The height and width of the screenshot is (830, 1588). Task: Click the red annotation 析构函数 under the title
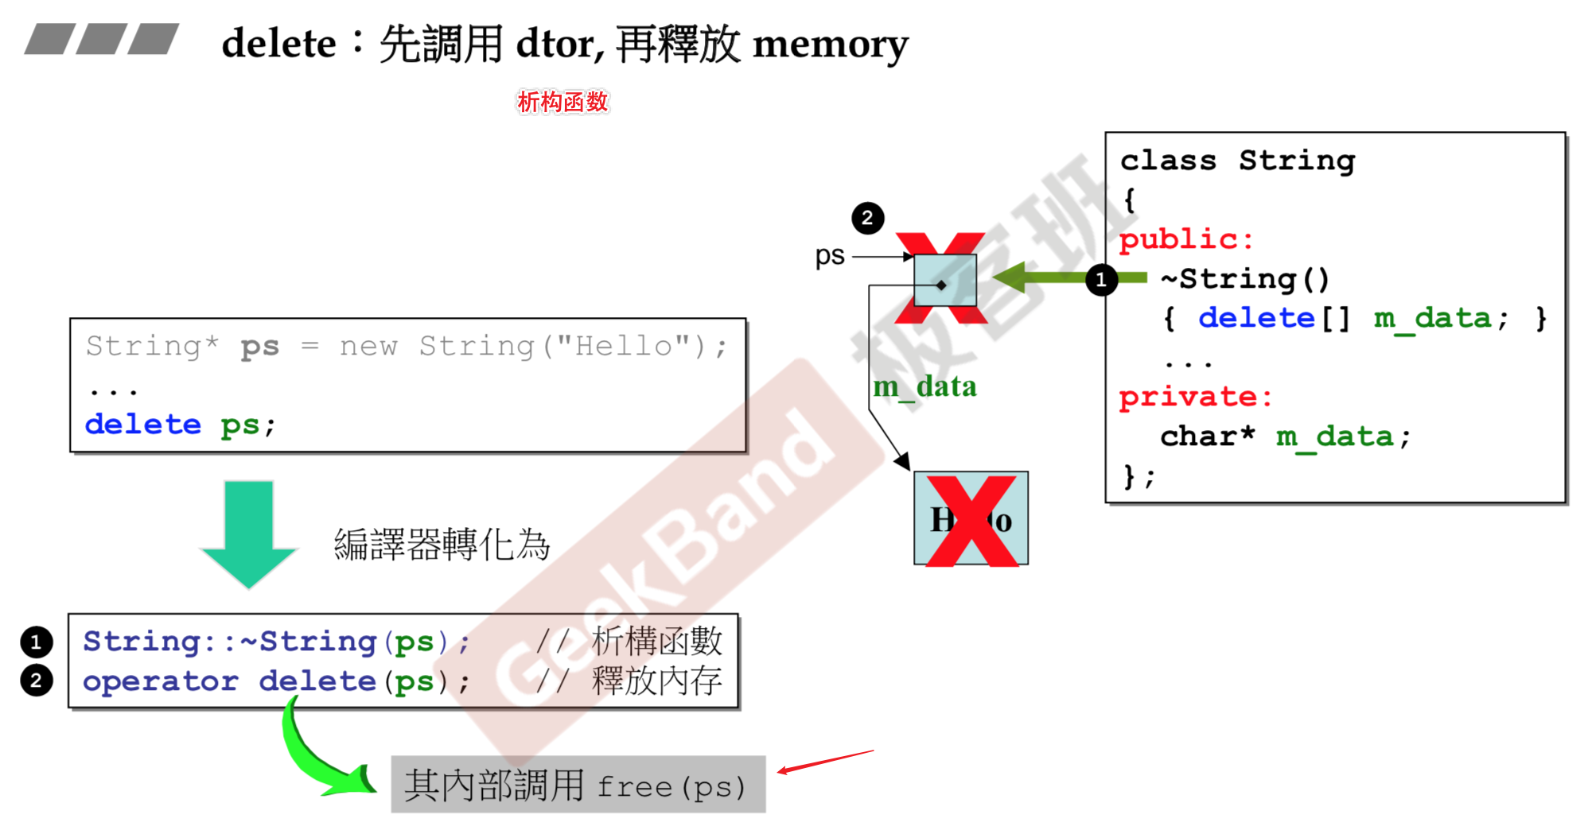pos(562,102)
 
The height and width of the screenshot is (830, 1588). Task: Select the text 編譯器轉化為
pos(442,545)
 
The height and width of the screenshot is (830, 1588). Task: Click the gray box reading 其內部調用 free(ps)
pos(578,785)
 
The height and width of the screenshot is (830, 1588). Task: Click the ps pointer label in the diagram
pos(829,256)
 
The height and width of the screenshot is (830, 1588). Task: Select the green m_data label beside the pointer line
pos(924,387)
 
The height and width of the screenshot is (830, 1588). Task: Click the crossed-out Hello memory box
pos(971,519)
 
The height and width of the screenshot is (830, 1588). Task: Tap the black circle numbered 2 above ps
pos(867,218)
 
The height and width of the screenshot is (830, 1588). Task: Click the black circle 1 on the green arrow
pos(1101,280)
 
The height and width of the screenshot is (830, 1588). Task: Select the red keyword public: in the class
pos(1185,239)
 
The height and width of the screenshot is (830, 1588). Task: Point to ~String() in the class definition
pos(1244,279)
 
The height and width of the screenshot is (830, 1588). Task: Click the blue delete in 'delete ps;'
pos(143,425)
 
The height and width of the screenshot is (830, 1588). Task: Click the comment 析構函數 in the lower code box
pos(656,641)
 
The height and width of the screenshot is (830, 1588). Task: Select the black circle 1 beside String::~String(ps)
pos(37,642)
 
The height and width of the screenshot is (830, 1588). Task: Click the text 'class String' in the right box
pos(1237,161)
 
